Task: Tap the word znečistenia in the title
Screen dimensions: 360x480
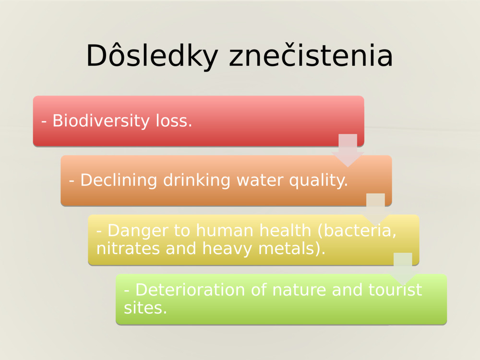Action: coord(311,56)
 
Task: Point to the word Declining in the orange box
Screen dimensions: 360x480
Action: coord(120,180)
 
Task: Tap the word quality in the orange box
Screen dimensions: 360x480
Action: coord(318,180)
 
